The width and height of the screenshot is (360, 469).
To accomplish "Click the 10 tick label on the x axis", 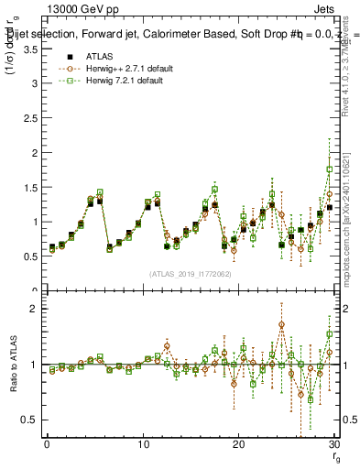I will (142, 445).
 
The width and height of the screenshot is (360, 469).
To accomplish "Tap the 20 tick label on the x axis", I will (238, 445).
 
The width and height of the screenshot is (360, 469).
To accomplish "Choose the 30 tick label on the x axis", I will (333, 445).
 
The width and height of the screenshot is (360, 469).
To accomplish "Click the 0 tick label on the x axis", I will (47, 445).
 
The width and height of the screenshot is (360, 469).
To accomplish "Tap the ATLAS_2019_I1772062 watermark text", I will (190, 274).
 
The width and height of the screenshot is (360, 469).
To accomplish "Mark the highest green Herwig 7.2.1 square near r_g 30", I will (330, 169).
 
